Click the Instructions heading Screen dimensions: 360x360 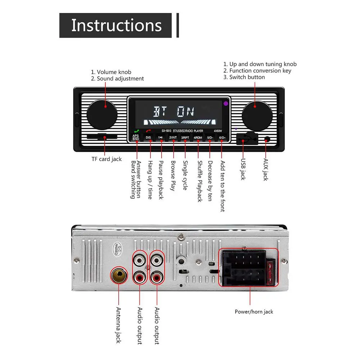tap(116, 25)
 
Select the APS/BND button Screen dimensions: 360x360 tap(136, 137)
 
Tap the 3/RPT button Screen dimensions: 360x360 tap(185, 137)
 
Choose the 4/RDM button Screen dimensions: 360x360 tap(198, 137)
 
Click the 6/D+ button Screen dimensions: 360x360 tap(222, 137)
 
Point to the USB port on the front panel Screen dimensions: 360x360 tap(246, 138)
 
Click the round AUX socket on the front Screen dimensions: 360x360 tap(267, 140)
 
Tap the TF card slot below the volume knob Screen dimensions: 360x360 tap(102, 137)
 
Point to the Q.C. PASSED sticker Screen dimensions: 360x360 tap(116, 248)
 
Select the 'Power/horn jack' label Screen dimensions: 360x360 tap(254, 312)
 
